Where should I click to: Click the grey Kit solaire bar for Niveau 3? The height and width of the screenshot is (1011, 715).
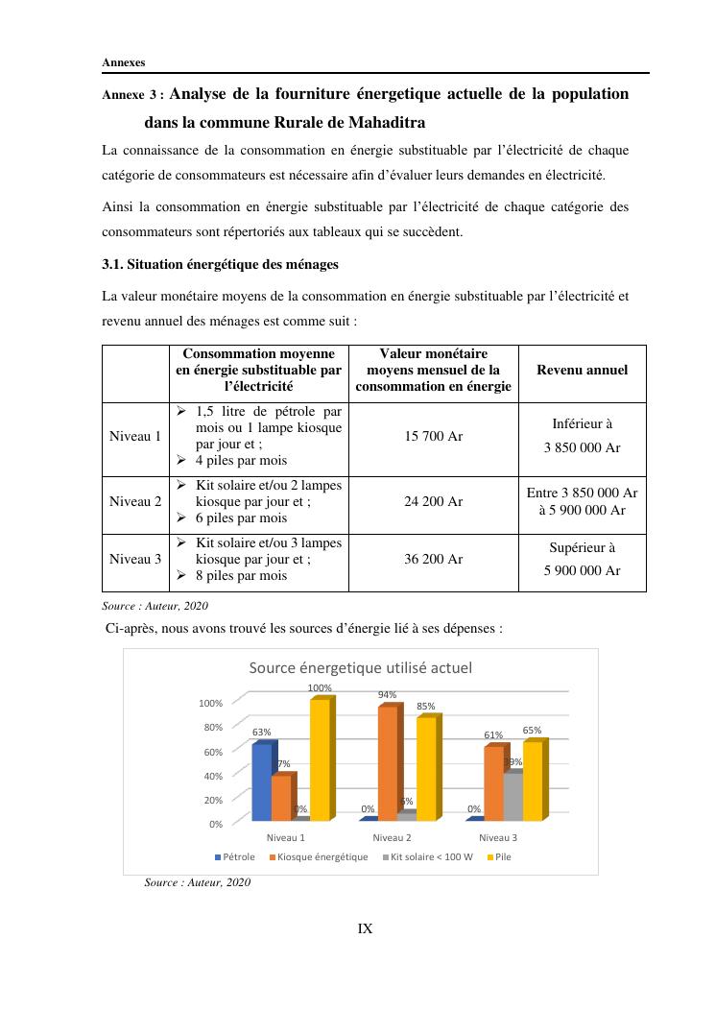(512, 797)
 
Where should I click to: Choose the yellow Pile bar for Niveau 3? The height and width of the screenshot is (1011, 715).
(533, 781)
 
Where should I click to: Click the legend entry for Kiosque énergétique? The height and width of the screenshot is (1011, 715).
(319, 856)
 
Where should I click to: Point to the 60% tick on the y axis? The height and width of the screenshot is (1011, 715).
(212, 751)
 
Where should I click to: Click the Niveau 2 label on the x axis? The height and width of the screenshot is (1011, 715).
(392, 837)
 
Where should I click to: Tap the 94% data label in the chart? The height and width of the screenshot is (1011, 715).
(387, 694)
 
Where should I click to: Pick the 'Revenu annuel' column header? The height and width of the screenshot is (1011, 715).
(582, 370)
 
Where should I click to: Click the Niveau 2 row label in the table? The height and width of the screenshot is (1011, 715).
(135, 501)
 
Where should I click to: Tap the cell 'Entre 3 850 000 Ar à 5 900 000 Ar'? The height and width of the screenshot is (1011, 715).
(582, 501)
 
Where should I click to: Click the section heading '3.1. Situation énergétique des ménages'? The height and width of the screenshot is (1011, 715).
(220, 264)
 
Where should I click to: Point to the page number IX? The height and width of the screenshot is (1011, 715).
(365, 928)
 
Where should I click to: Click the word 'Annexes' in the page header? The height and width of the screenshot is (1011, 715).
(124, 62)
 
